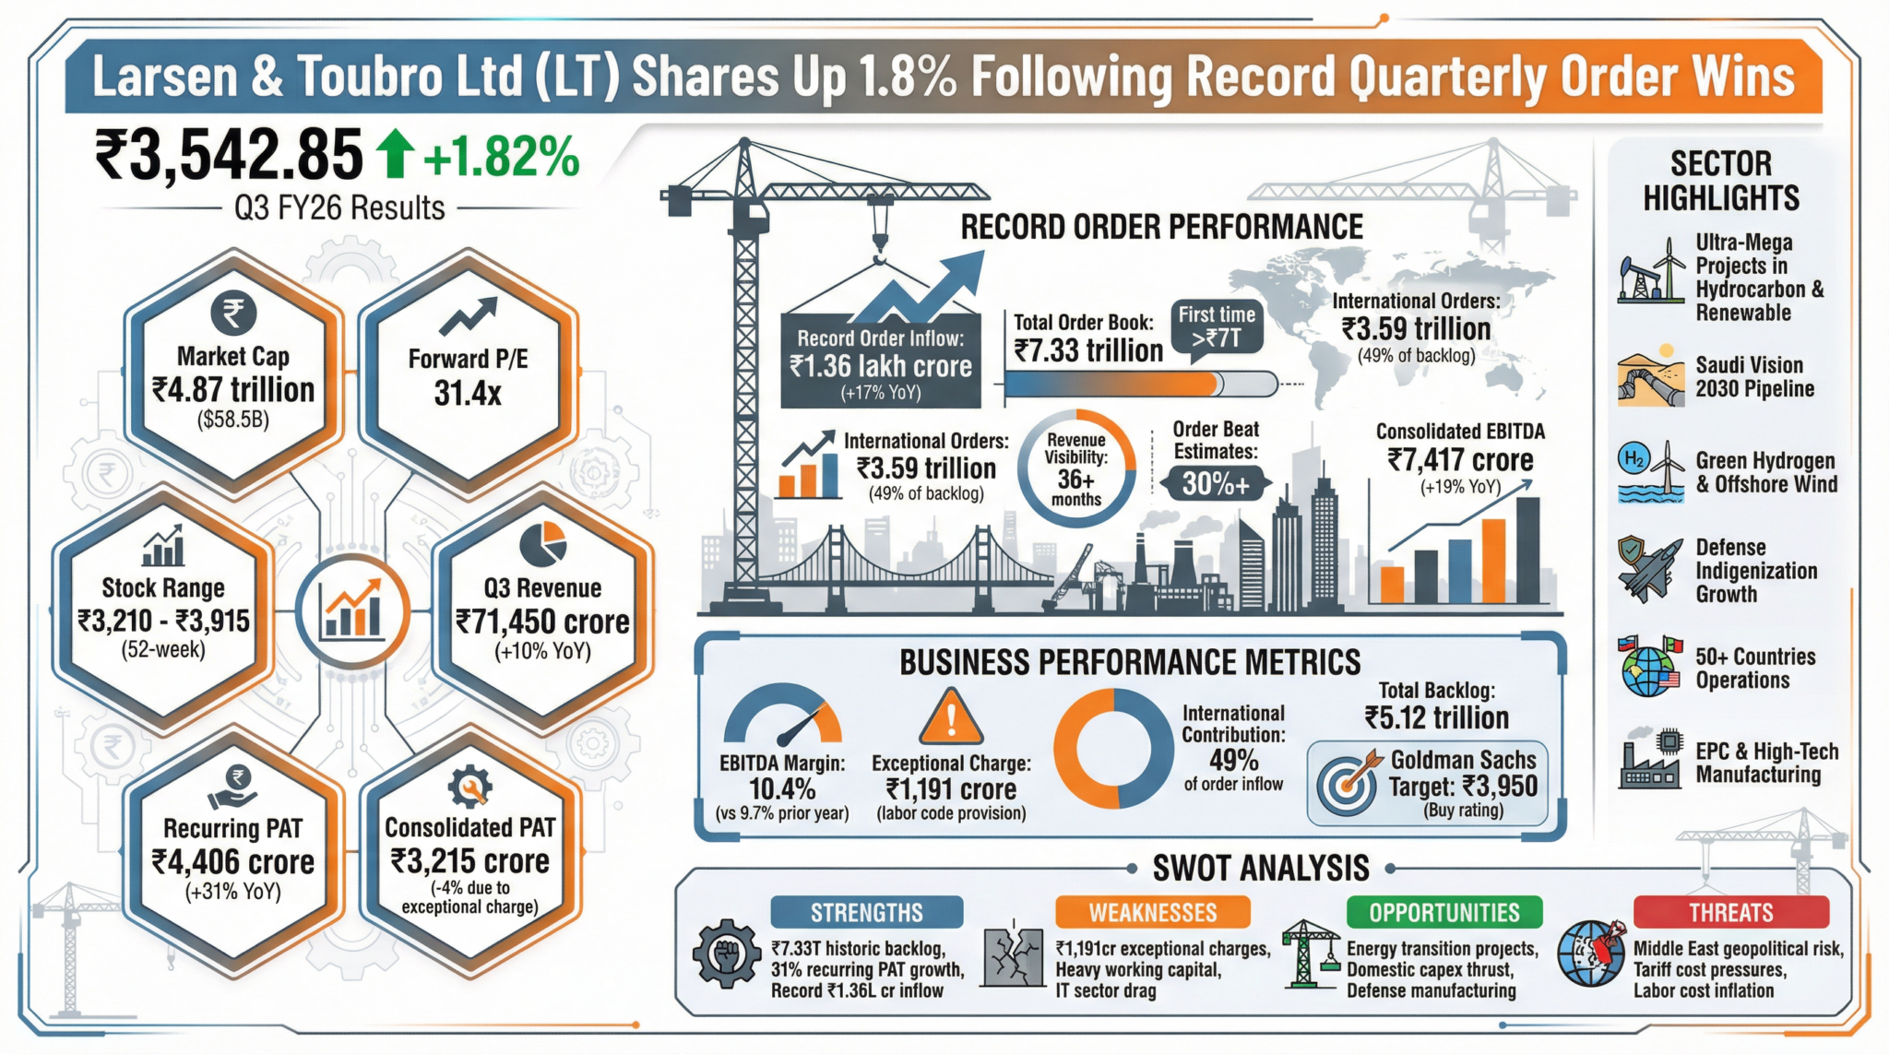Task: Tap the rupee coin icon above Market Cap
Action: click(x=233, y=314)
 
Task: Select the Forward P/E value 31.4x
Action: click(x=468, y=394)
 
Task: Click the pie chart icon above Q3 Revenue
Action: click(x=542, y=544)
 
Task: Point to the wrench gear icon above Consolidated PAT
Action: click(x=469, y=787)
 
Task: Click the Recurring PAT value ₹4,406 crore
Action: click(x=233, y=862)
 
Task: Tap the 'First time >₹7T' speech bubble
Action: click(x=1217, y=327)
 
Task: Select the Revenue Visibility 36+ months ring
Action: click(x=1076, y=468)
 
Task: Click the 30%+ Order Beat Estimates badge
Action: click(x=1216, y=483)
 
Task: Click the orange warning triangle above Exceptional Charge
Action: click(x=951, y=717)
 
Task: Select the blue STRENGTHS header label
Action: click(x=866, y=912)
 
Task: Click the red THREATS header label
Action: click(x=1730, y=912)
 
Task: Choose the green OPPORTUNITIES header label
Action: click(x=1443, y=912)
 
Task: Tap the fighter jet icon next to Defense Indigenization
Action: click(x=1649, y=570)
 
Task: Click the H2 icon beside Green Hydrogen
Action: click(x=1634, y=458)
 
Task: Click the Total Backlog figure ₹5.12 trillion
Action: click(x=1437, y=717)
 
